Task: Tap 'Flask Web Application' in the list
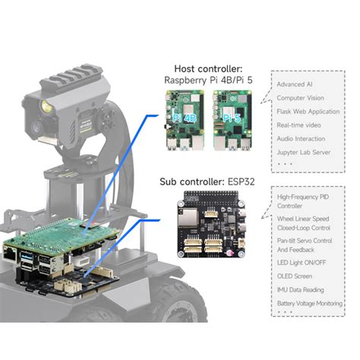coord(307,111)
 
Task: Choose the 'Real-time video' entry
coord(298,125)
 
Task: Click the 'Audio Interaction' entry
coord(301,138)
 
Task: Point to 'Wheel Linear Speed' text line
coord(303,216)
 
